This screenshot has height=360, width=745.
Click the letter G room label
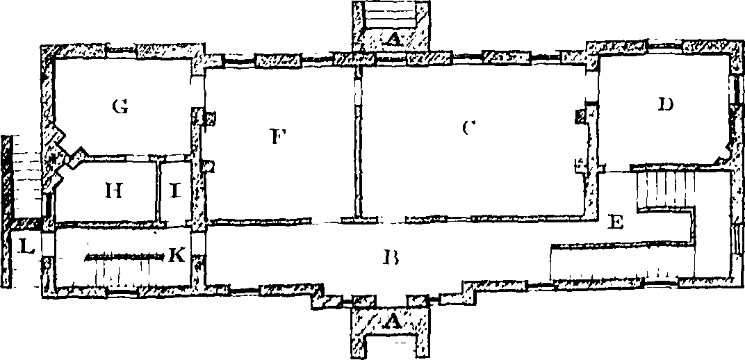tap(120, 107)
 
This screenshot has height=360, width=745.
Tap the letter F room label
tap(277, 137)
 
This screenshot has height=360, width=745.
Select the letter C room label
tap(468, 129)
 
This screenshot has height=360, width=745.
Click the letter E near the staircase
tap(616, 223)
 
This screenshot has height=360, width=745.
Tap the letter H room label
tap(114, 191)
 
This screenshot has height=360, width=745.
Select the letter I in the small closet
tap(175, 191)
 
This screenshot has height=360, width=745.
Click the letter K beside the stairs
tap(177, 256)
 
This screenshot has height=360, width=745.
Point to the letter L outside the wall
tap(25, 247)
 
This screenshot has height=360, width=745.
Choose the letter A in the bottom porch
tap(391, 323)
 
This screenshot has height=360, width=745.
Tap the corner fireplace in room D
tap(726, 154)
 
